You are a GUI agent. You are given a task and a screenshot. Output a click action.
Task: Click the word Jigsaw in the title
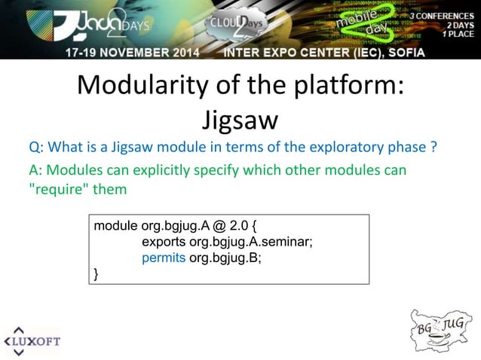(x=240, y=120)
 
